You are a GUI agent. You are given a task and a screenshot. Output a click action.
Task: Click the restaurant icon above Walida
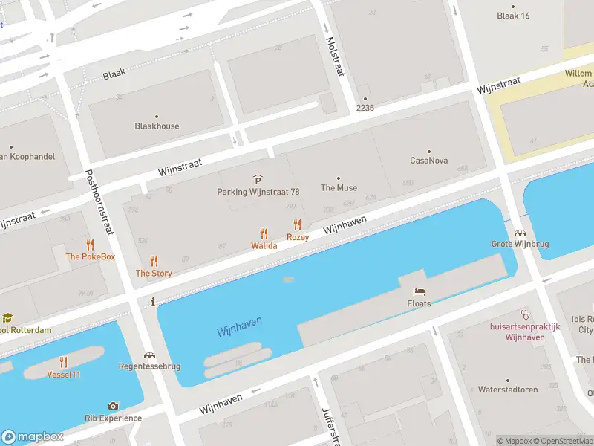(x=264, y=234)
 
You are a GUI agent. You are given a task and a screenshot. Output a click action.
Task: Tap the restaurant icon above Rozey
(x=298, y=224)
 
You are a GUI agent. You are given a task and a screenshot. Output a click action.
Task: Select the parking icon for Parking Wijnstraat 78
(x=258, y=180)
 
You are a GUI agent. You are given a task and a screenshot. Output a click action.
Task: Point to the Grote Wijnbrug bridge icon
(x=518, y=232)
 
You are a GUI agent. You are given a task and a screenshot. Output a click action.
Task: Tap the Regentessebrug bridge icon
(x=150, y=355)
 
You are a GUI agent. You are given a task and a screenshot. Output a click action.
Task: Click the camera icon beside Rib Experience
(x=113, y=406)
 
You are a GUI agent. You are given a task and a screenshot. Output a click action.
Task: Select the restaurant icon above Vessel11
(x=64, y=362)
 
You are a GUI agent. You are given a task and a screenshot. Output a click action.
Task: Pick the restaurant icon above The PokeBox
(x=91, y=245)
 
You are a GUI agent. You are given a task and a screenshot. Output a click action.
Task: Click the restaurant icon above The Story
(x=154, y=261)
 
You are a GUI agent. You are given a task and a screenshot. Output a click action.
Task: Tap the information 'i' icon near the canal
(x=153, y=302)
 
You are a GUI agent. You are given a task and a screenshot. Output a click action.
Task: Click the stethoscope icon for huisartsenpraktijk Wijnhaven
(x=525, y=314)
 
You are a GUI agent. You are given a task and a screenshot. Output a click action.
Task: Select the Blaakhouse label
(x=157, y=126)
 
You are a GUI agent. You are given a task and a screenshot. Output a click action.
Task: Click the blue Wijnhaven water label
(x=240, y=326)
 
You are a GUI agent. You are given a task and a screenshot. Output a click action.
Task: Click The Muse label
(x=339, y=188)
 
